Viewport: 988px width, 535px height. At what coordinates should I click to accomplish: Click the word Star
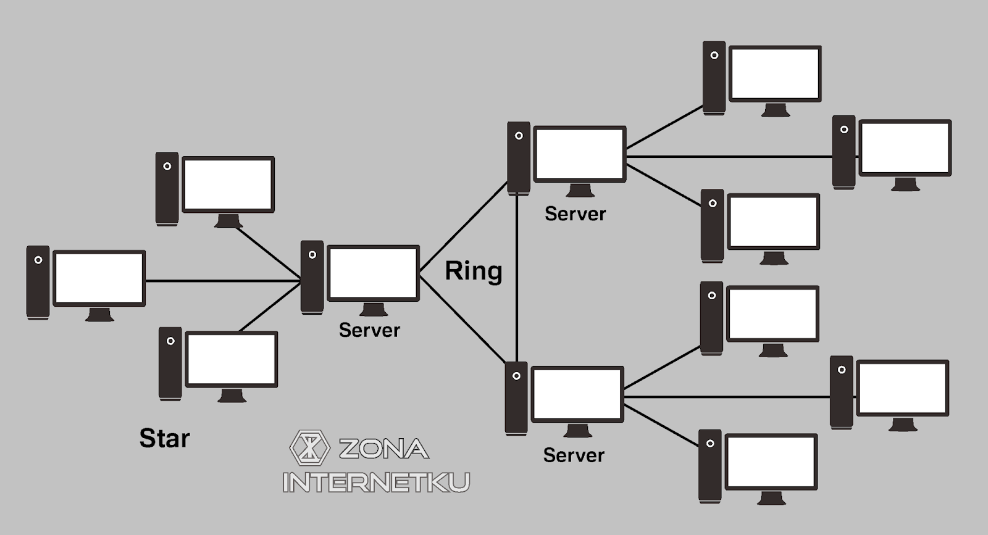coord(164,438)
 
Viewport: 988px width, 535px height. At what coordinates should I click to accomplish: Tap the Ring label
coord(474,272)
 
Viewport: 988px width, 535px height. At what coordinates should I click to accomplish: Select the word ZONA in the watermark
coord(383,449)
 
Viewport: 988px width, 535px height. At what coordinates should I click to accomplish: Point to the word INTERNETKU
coord(376,482)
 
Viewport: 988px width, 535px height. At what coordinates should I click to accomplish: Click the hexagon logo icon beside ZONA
coord(309,447)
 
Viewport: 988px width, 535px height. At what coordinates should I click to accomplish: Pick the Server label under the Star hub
coord(369,330)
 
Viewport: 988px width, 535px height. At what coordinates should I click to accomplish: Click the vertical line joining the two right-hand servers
coord(517,278)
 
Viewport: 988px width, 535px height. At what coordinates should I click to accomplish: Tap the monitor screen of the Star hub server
coord(373,273)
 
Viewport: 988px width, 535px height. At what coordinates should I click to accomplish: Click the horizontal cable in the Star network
coord(222,281)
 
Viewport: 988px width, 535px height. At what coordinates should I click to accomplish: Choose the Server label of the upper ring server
coord(575,214)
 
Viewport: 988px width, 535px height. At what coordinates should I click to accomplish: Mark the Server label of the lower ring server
coord(574,455)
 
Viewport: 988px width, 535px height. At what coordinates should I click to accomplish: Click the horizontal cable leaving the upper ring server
coord(729,157)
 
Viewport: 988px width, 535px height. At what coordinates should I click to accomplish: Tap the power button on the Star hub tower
coord(312,254)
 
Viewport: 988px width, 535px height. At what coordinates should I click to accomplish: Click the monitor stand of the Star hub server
coord(373,309)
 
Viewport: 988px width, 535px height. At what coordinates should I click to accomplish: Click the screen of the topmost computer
coord(775,73)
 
